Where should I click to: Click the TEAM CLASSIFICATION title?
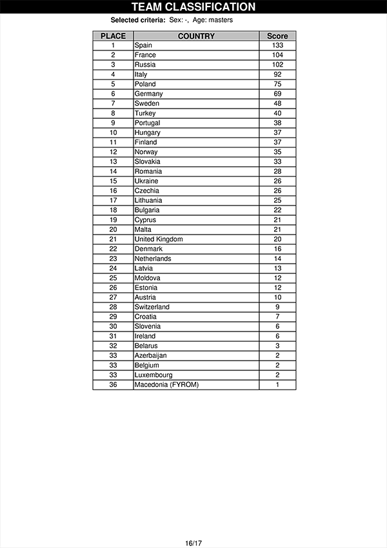193,7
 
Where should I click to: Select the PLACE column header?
113,36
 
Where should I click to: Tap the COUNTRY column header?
196,36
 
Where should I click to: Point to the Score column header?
277,36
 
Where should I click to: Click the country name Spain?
143,45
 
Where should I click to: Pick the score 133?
277,45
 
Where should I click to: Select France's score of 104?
277,55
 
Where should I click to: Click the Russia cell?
145,65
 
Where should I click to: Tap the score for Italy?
277,74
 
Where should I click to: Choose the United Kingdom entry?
159,239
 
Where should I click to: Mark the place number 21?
113,239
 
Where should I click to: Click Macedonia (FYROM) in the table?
166,385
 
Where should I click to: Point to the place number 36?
113,385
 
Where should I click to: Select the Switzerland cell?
152,307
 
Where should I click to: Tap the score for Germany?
277,94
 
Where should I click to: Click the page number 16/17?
193,543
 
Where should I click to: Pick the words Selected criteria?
138,20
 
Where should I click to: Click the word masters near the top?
221,20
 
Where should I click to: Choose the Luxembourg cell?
154,375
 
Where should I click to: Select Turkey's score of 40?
277,113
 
